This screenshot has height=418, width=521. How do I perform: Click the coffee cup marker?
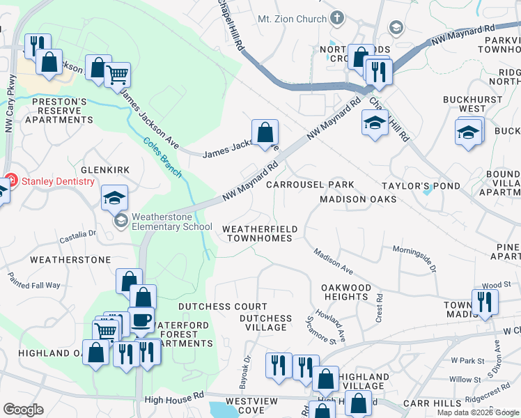pyautogui.click(x=142, y=319)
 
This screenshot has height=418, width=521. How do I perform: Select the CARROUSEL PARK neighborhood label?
pyautogui.click(x=310, y=185)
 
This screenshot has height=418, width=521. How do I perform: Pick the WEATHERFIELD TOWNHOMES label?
pyautogui.click(x=260, y=233)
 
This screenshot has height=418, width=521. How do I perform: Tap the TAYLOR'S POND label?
pyautogui.click(x=421, y=186)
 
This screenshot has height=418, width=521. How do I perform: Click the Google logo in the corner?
pyautogui.click(x=23, y=410)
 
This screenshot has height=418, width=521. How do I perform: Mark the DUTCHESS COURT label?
pyautogui.click(x=222, y=307)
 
